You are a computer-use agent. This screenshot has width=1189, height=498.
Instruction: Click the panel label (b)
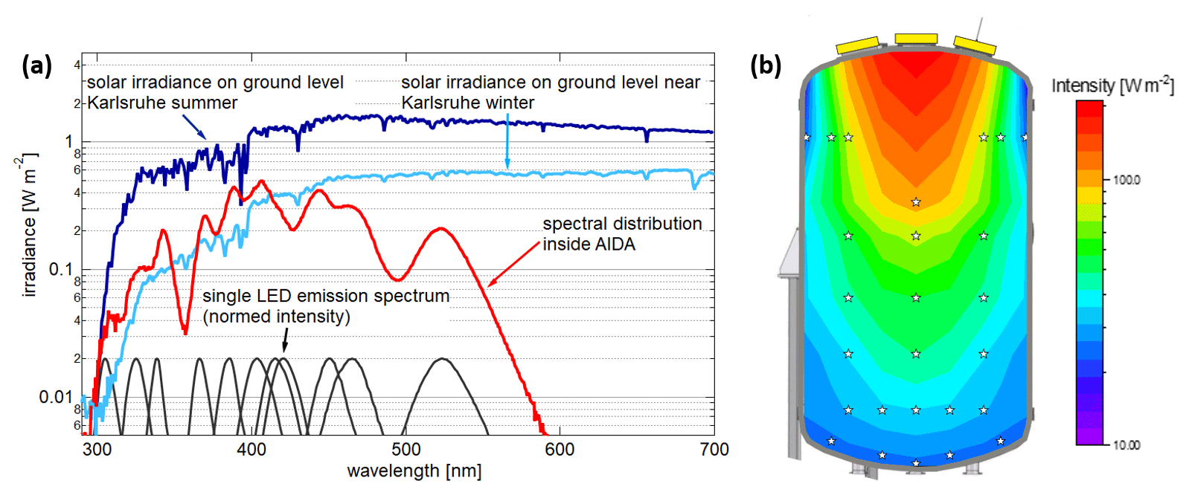[766, 66]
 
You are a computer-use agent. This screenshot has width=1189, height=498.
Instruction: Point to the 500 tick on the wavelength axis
[406, 449]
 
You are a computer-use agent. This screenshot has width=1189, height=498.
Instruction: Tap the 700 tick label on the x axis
[714, 449]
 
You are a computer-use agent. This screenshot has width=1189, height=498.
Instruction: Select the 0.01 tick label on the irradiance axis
[55, 397]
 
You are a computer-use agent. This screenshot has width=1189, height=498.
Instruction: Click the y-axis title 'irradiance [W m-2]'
[28, 226]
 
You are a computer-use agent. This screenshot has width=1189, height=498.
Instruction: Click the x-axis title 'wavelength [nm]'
[414, 471]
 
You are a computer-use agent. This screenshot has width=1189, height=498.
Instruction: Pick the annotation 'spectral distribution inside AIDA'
[622, 233]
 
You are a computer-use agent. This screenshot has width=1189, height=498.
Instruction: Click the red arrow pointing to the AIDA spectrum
[513, 265]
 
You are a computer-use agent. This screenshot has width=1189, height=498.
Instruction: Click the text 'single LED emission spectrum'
[326, 296]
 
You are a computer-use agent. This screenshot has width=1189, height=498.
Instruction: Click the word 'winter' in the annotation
[508, 103]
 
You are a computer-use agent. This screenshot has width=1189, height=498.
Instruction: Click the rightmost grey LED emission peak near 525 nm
[443, 360]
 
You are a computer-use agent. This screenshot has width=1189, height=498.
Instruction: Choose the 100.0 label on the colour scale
[1126, 180]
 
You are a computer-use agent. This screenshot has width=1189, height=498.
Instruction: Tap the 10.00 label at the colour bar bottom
[1126, 444]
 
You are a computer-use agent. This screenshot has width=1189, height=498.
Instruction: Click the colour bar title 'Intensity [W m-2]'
[1112, 85]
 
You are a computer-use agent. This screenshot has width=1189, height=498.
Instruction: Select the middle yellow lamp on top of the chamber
[916, 39]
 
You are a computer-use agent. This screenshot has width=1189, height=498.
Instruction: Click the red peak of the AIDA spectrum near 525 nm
[440, 229]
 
